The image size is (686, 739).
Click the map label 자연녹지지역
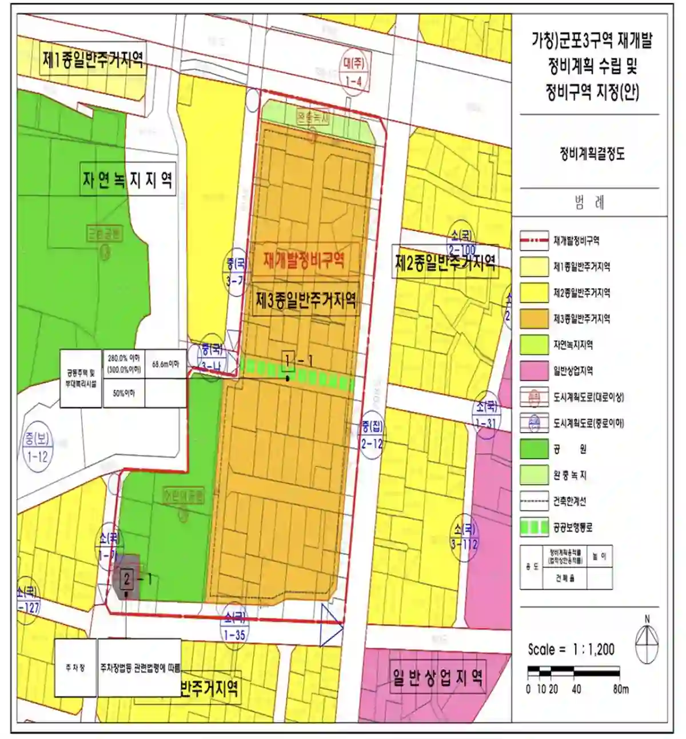[x=127, y=181]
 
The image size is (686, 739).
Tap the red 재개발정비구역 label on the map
[x=304, y=261]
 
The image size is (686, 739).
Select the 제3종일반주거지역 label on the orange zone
[x=306, y=299]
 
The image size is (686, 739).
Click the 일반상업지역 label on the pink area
[x=437, y=678]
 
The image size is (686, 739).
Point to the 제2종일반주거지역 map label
[x=445, y=262]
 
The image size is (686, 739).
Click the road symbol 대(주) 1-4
[x=354, y=71]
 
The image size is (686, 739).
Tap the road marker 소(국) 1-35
[x=234, y=625]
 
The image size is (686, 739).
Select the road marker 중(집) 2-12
[x=372, y=434]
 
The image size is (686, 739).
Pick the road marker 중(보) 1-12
[x=37, y=448]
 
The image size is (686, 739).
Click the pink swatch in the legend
[x=534, y=371]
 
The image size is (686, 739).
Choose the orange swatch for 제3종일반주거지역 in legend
[x=534, y=319]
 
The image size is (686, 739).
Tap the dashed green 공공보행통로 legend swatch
[x=534, y=528]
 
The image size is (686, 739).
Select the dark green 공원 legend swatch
[x=534, y=449]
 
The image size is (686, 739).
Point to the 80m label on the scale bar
[x=621, y=689]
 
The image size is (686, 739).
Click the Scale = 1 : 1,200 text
[x=571, y=649]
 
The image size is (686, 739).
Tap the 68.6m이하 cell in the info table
[x=165, y=364]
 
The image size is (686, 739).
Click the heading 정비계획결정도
[x=592, y=154]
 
